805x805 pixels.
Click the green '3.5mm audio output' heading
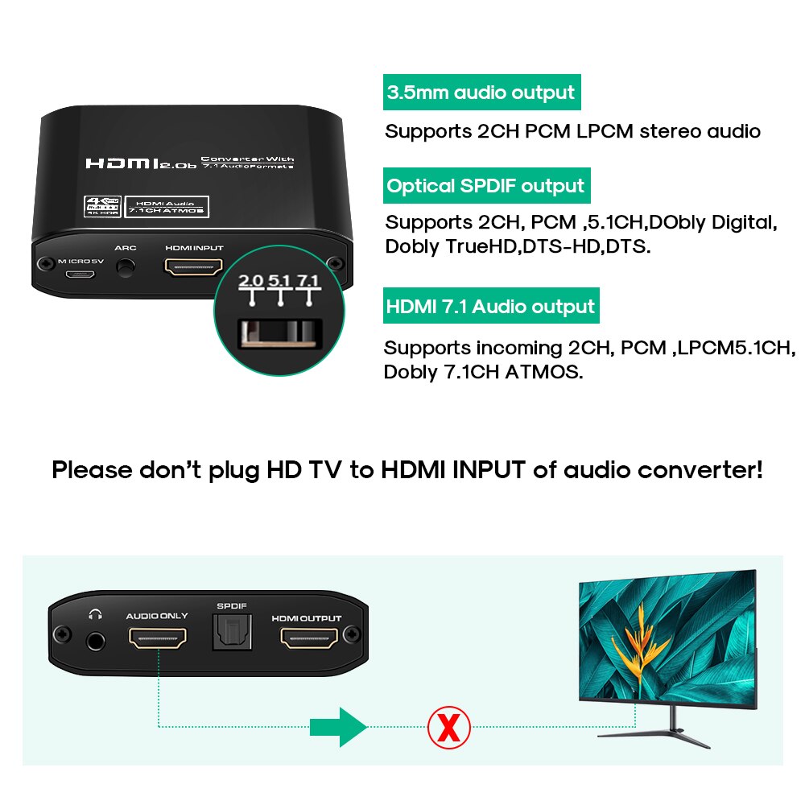point(481,93)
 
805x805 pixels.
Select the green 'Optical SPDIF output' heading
point(485,186)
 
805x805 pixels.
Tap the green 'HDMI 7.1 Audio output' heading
point(490,307)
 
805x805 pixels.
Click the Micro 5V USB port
point(81,274)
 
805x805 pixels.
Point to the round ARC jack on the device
point(125,269)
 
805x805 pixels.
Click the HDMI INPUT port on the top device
point(193,266)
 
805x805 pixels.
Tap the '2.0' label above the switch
point(251,281)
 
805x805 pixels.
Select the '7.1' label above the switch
point(308,281)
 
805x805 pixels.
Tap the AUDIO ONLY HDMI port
point(157,639)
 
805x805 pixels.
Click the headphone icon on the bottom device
point(96,615)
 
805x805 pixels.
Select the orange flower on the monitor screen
point(644,635)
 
